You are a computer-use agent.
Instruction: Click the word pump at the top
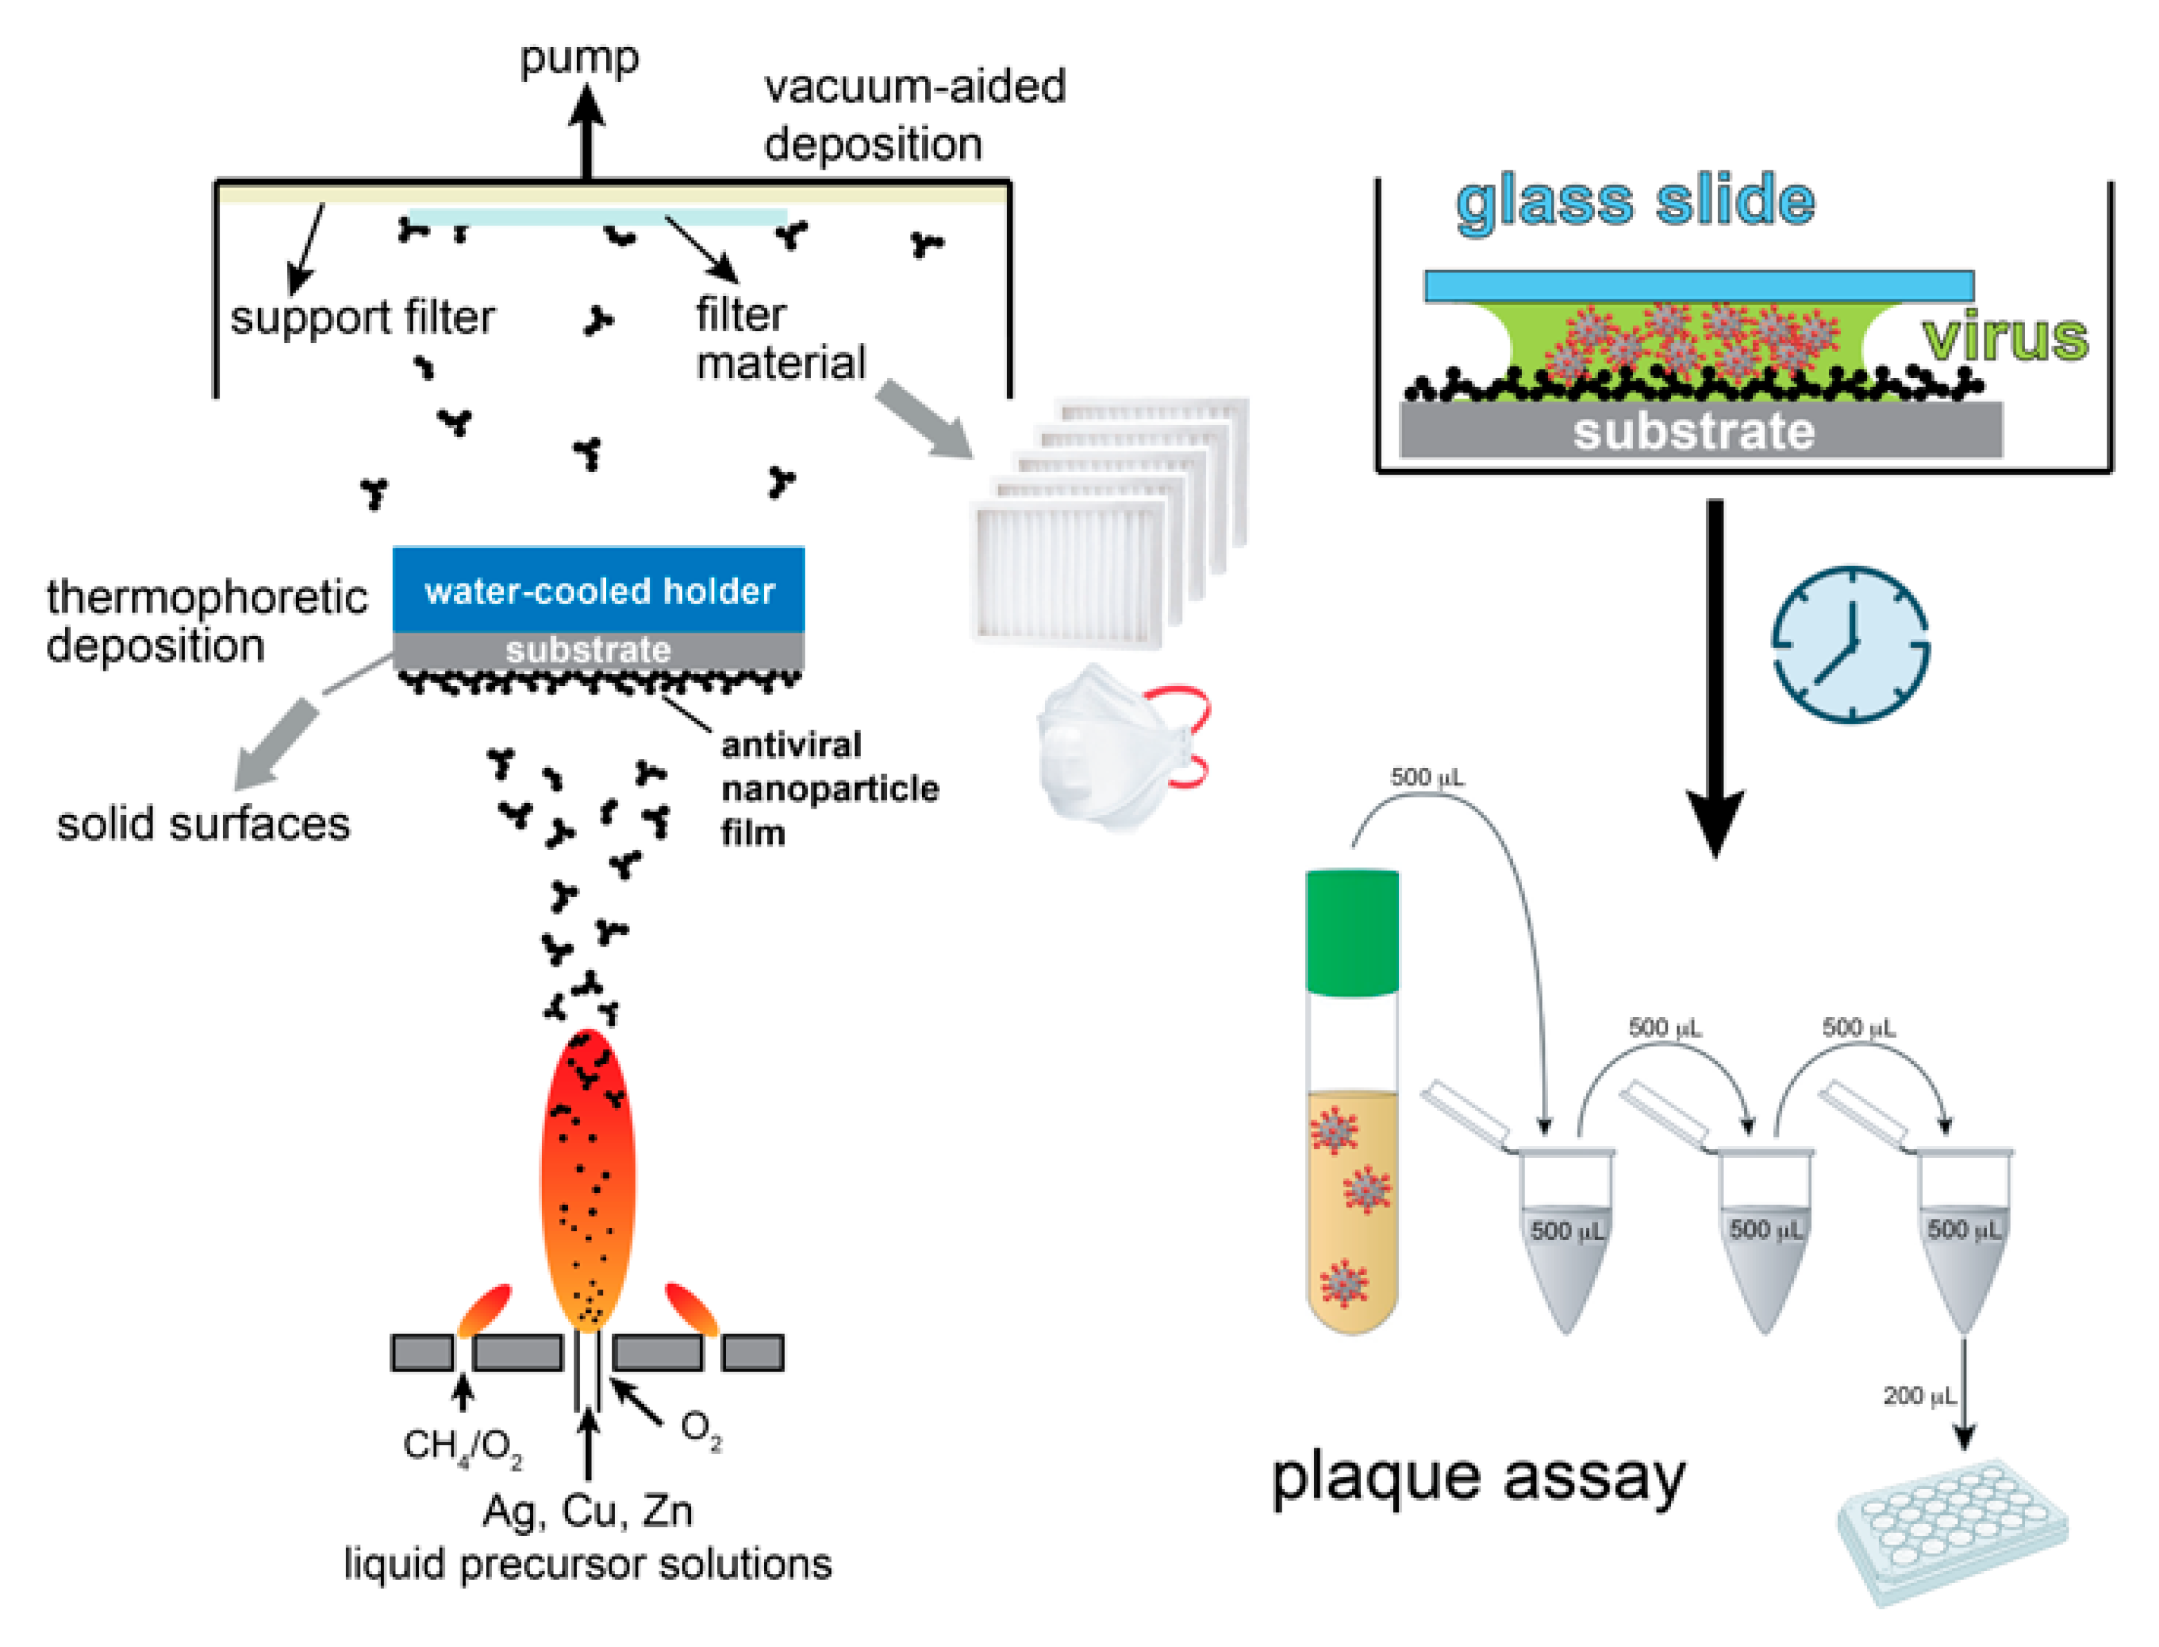pyautogui.click(x=578, y=59)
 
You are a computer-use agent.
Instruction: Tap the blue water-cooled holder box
pyautogui.click(x=598, y=589)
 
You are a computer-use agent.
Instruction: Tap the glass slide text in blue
pyautogui.click(x=1634, y=201)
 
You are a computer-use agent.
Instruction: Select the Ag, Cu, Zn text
pyautogui.click(x=587, y=1511)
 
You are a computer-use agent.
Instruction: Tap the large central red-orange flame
pyautogui.click(x=587, y=1176)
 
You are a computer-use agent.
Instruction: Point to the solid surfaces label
pyautogui.click(x=203, y=824)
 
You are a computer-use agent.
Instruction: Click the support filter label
pyautogui.click(x=362, y=317)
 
